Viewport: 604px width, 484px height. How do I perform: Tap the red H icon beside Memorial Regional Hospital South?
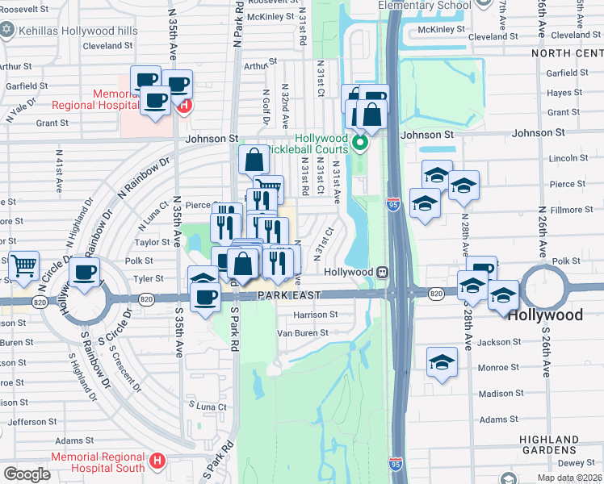157,462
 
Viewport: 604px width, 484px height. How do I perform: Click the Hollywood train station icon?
385,272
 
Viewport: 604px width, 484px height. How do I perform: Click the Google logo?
27,474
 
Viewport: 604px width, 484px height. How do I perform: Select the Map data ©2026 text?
569,478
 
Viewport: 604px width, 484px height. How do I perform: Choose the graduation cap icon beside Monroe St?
442,362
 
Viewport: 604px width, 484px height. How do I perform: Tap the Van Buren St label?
303,332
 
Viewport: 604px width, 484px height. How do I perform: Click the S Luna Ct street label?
207,406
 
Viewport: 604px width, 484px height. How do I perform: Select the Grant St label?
52,123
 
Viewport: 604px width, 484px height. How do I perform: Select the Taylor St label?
152,241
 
